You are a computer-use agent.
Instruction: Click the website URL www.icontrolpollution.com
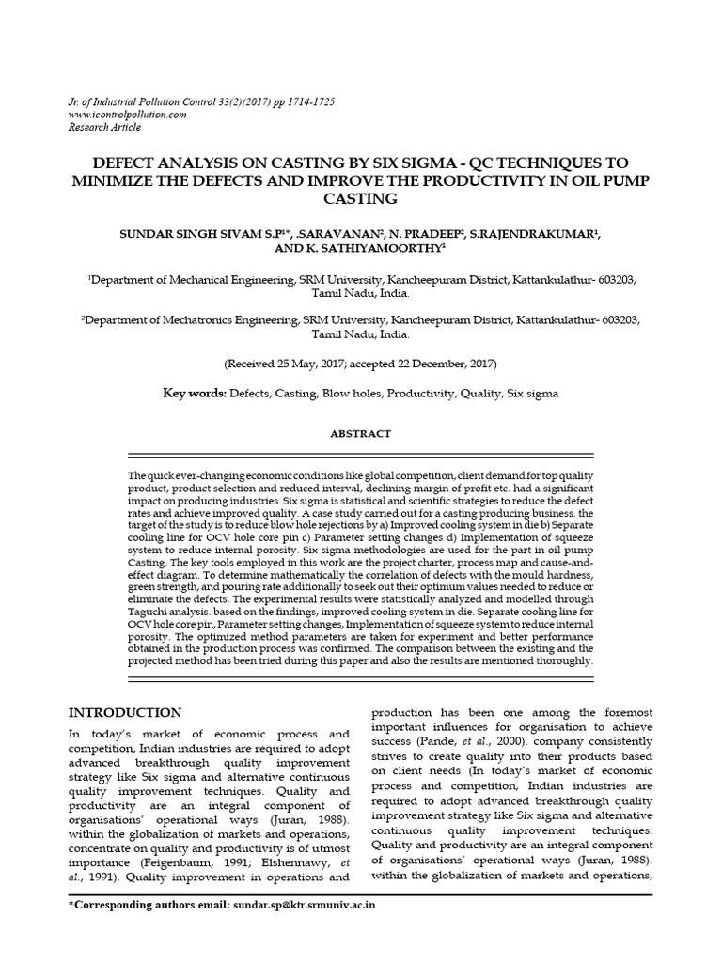(x=127, y=114)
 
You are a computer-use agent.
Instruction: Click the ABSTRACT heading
(x=360, y=434)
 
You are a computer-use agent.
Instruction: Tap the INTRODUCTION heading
(x=124, y=712)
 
